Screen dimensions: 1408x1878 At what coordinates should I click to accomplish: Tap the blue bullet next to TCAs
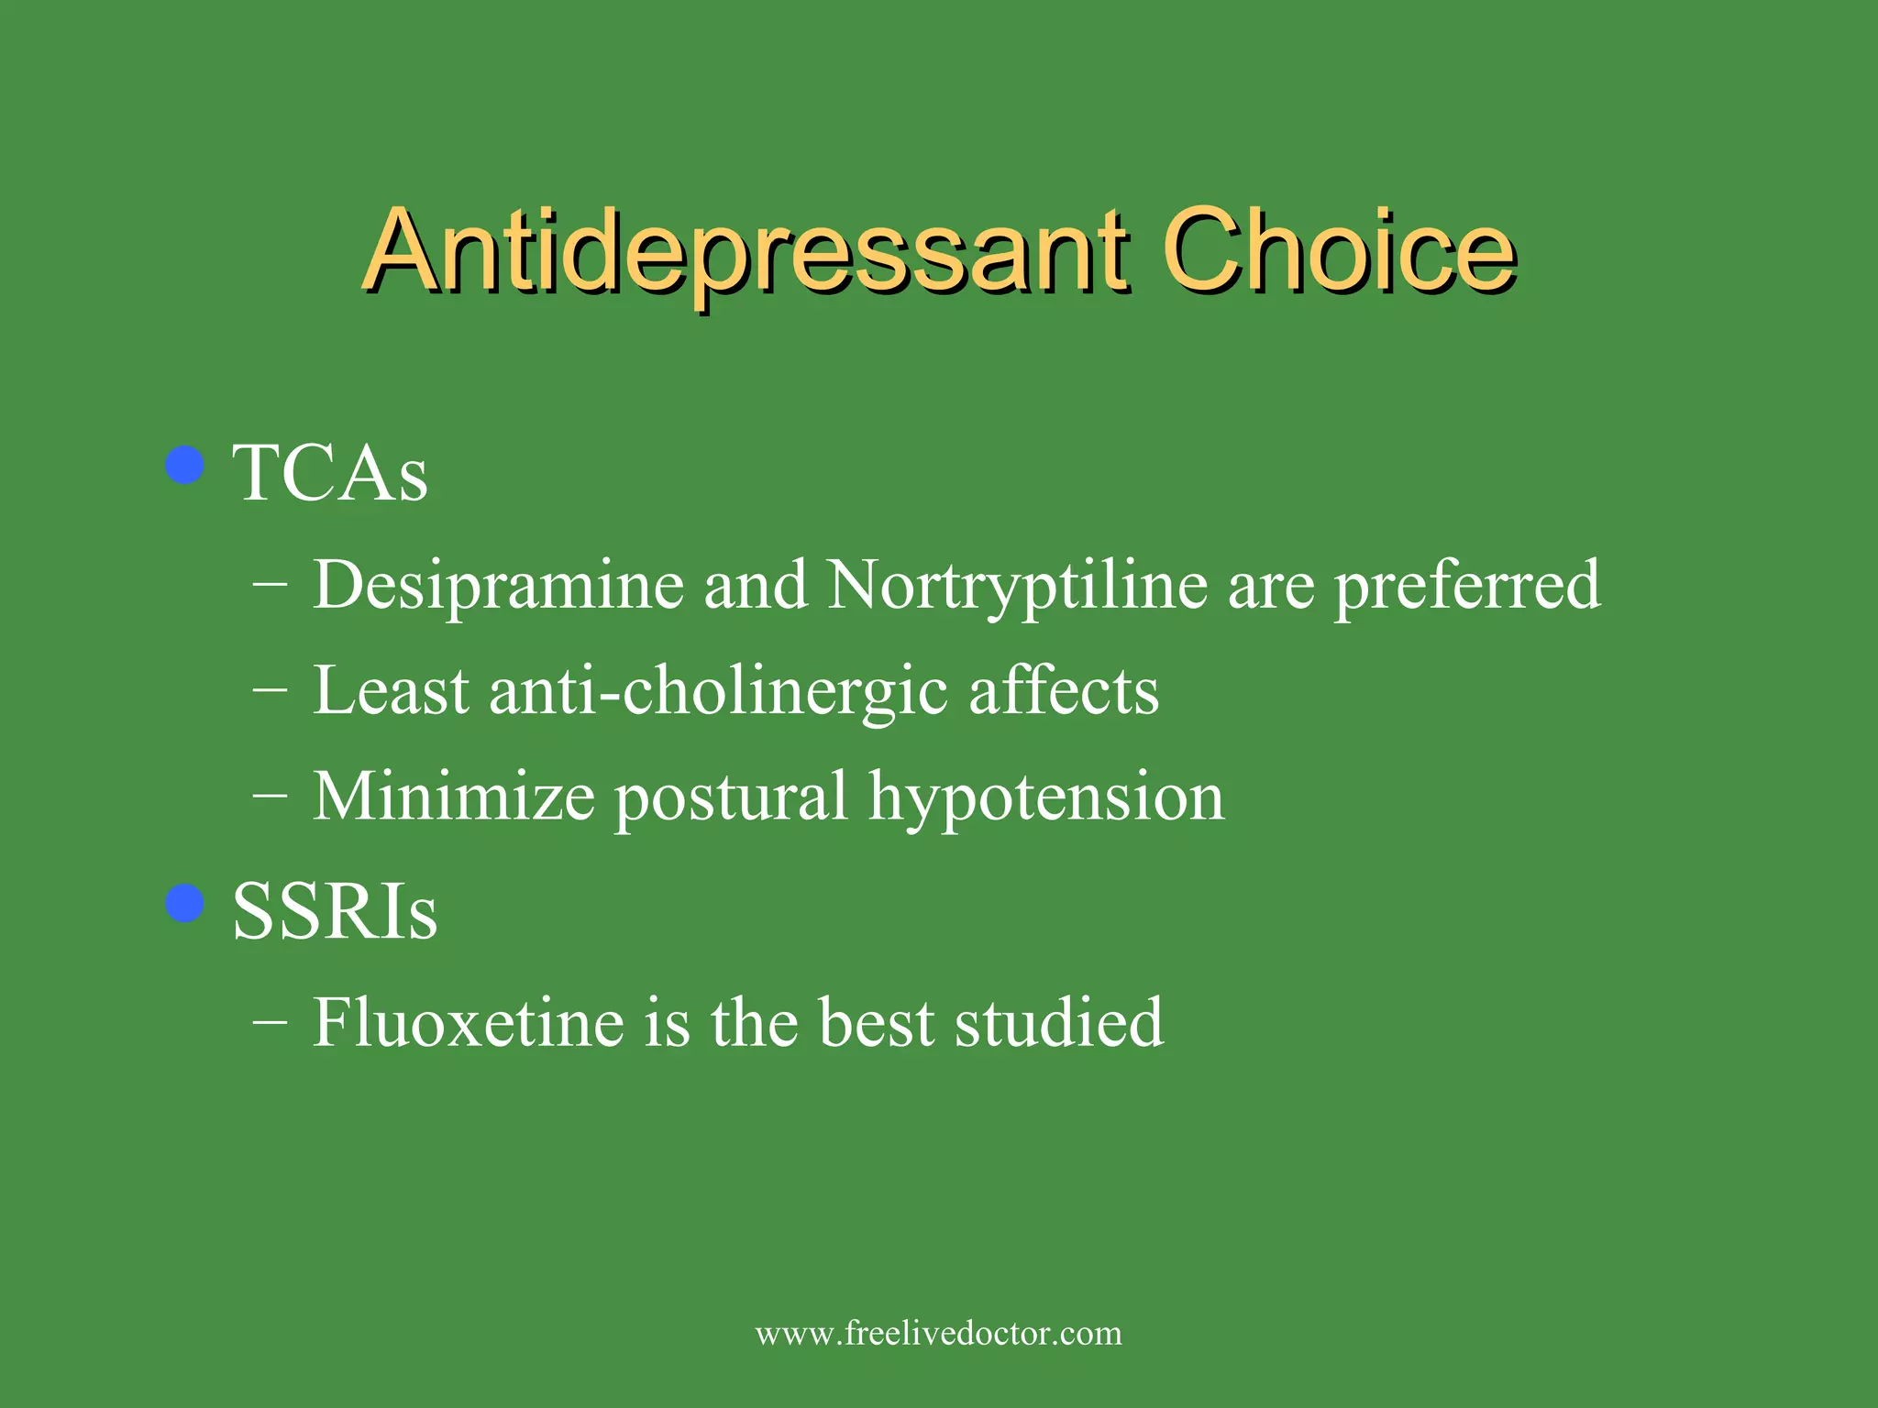(x=185, y=465)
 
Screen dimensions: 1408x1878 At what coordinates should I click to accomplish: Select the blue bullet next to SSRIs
(x=185, y=904)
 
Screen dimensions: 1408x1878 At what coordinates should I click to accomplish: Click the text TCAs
(x=330, y=474)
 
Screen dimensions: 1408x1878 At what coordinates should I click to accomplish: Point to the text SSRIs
(x=335, y=912)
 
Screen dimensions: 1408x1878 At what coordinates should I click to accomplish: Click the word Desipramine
(x=498, y=586)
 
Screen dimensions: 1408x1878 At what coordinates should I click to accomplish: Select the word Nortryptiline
(x=1017, y=586)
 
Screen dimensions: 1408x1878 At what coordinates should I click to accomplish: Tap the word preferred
(x=1467, y=586)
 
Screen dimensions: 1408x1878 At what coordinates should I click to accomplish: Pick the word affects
(x=1064, y=691)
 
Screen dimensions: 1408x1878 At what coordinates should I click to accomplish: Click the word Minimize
(x=454, y=797)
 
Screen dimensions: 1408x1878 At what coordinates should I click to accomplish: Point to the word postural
(x=731, y=797)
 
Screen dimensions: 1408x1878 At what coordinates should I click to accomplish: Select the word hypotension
(x=1046, y=797)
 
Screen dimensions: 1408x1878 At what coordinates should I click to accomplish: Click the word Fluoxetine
(x=469, y=1023)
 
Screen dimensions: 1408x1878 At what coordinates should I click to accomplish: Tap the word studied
(x=1059, y=1023)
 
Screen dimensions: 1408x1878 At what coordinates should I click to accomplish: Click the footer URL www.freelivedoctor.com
(x=938, y=1333)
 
